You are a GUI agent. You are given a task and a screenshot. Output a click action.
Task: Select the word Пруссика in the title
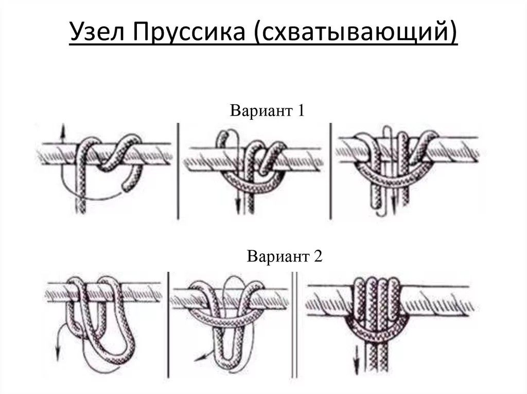[x=189, y=32]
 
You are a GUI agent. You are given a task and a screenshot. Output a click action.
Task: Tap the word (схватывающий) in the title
[x=356, y=32]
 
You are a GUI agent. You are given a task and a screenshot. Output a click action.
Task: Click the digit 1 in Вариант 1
[x=301, y=110]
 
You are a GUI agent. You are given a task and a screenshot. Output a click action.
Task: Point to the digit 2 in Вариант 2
[x=318, y=256]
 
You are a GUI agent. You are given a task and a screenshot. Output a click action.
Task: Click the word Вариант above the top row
[x=261, y=111]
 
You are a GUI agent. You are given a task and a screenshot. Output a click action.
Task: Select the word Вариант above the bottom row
[x=277, y=257]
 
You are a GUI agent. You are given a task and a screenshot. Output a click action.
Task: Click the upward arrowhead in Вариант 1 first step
[x=62, y=130]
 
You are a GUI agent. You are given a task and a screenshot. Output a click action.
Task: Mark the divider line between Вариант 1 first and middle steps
[x=178, y=172]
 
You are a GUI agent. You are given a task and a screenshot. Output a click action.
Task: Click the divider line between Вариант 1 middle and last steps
[x=330, y=172]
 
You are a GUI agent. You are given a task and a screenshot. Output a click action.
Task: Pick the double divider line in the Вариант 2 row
[x=294, y=325]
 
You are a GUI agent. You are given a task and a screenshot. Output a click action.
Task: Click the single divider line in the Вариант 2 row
[x=168, y=325]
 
